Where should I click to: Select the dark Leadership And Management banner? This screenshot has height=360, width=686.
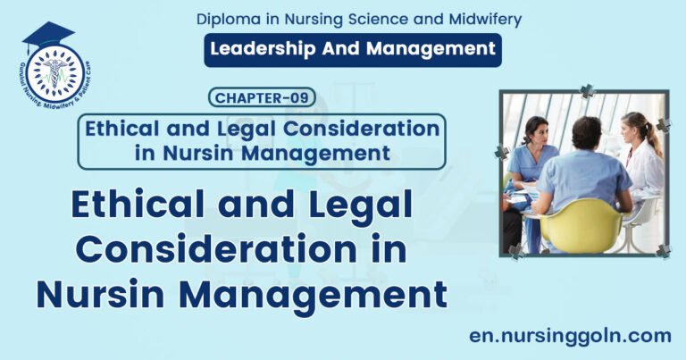click(353, 50)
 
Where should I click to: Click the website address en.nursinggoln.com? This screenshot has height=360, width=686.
click(570, 335)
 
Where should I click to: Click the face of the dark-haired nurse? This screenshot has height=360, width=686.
click(536, 131)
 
